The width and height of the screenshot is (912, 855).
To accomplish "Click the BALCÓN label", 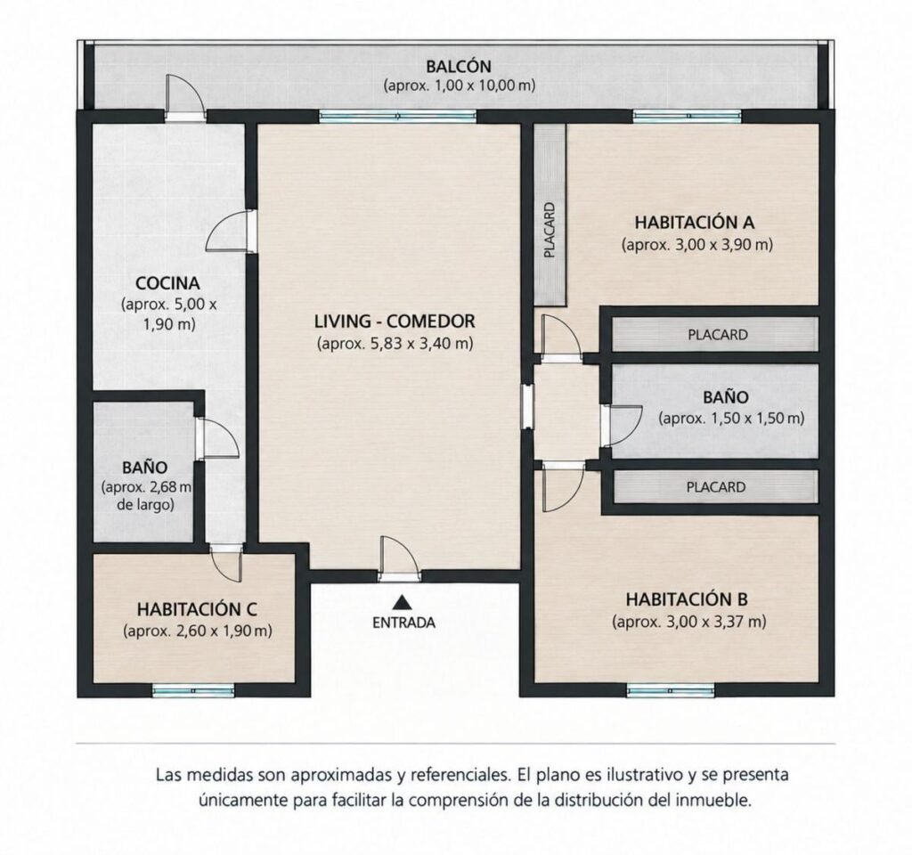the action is pos(459,66).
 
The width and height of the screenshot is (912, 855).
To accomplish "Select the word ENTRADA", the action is pos(403,623).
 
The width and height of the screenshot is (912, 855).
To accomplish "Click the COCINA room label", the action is pos(167,283).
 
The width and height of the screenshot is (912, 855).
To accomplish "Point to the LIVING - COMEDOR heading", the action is pos(395,321).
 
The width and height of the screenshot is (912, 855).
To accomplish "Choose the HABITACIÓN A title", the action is pos(695,222).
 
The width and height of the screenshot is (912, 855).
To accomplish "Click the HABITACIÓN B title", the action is pos(687,599).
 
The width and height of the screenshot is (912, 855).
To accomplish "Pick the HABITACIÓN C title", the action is pos(197,609).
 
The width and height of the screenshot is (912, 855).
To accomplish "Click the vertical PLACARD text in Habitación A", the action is pos(550,230).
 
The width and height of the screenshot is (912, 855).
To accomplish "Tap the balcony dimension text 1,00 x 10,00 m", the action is pos(459,85).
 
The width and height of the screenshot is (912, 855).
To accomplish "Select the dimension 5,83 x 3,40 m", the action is pos(395,343).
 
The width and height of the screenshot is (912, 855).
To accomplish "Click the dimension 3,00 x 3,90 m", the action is pos(696,244).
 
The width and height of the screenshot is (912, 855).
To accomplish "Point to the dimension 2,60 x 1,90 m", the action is pos(198,631).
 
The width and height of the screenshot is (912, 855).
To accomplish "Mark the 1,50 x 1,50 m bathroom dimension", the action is pos(732,419).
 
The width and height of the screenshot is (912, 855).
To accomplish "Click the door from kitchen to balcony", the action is pos(184,98).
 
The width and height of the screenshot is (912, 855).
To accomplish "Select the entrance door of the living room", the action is pos(399,558).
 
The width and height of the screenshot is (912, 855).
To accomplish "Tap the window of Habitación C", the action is pos(193,690).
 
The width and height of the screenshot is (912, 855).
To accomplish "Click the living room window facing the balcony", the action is pos(398,117).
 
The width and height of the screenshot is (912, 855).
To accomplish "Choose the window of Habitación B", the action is pos(671,690).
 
